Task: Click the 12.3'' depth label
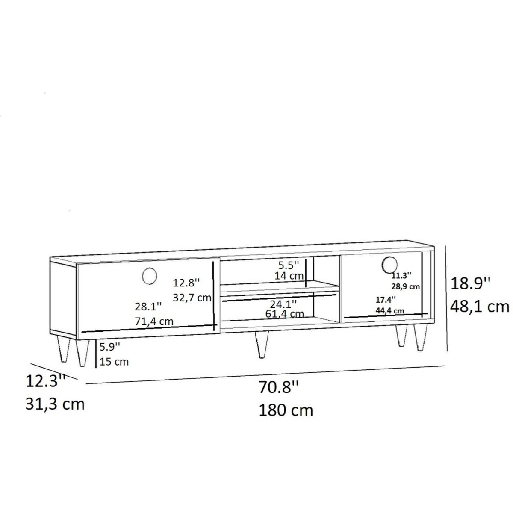click(x=45, y=380)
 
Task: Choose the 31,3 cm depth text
click(x=55, y=404)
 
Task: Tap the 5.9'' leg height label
click(x=110, y=346)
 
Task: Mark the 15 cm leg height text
click(x=114, y=362)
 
